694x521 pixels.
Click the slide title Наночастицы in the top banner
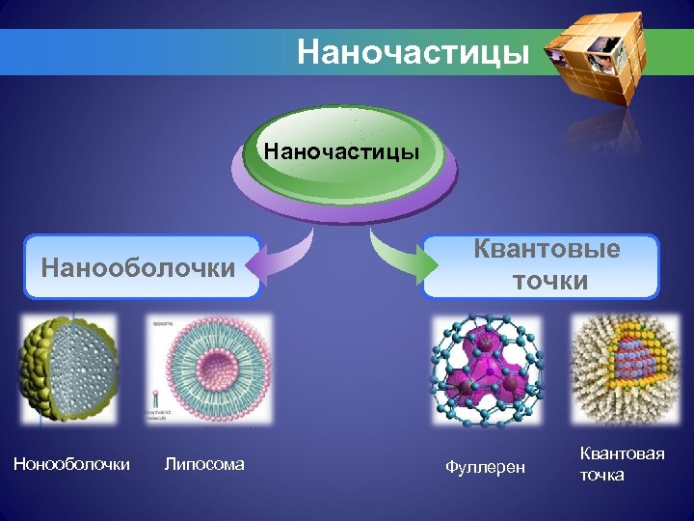pos(414,51)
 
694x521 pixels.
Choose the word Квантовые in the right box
pos(546,250)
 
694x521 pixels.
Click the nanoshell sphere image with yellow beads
pos(69,370)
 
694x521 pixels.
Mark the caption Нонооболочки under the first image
pos(71,464)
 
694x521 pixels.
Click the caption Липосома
pos(205,464)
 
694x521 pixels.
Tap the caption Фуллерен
pos(486,467)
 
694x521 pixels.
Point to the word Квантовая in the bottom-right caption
pos(622,453)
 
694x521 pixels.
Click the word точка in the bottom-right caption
pos(602,475)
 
